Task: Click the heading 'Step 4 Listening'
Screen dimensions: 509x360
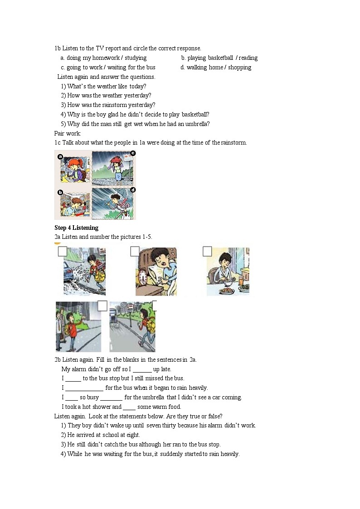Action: click(76, 228)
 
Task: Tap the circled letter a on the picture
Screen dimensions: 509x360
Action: click(60, 156)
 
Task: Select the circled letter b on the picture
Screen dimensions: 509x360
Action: click(60, 192)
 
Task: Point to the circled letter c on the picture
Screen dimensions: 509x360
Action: click(133, 153)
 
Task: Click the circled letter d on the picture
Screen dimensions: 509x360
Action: click(133, 190)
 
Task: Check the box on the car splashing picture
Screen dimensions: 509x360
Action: click(63, 252)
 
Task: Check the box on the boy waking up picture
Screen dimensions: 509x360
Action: click(135, 251)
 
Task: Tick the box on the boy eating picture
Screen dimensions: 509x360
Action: click(207, 251)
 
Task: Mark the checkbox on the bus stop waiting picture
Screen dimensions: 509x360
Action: click(102, 306)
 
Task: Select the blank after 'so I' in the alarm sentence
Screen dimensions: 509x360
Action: click(142, 369)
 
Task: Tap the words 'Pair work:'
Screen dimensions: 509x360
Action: click(68, 133)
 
